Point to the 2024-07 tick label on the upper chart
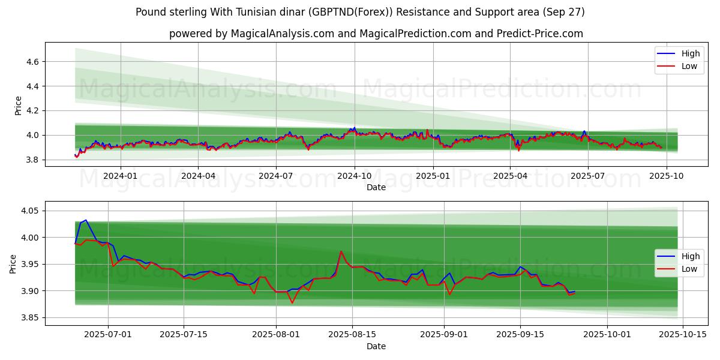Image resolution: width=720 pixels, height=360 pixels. pos(276,176)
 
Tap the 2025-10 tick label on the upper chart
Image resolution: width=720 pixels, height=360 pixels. pos(666,176)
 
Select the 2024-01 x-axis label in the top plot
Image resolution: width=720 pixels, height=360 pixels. pos(121,176)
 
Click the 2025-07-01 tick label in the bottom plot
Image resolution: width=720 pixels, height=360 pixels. pos(108,335)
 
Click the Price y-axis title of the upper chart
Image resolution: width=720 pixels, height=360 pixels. pos(18,105)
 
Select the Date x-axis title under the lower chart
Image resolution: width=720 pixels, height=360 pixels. pos(376,346)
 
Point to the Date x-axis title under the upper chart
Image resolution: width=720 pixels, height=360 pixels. pos(376,187)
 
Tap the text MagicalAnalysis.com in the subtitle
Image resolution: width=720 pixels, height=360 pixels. pos(283,34)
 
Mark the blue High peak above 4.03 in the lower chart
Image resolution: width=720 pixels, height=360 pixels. pos(85,220)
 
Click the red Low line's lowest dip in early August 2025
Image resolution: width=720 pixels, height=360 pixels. pos(292,302)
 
